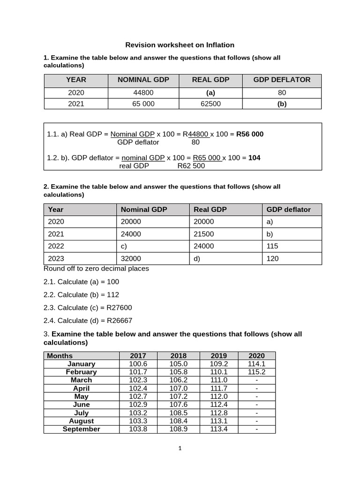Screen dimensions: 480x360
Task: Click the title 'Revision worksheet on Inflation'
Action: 180,45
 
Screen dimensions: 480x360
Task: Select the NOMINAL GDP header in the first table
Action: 143,80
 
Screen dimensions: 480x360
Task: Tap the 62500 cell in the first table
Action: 210,104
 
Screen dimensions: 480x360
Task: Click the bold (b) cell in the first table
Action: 282,104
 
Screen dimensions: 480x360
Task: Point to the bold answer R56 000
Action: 250,134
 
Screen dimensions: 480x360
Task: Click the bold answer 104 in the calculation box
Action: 254,157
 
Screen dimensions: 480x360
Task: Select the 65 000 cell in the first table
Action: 143,104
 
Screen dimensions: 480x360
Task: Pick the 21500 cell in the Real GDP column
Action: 203,234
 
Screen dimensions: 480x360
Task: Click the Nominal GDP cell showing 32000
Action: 131,258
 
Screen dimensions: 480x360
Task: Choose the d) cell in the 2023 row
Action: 197,258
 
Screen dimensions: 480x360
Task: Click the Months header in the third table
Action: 60,356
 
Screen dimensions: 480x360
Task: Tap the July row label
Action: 81,413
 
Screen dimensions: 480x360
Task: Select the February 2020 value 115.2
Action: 256,372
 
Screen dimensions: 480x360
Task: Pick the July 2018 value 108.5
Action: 178,413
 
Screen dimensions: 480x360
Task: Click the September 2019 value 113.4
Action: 218,429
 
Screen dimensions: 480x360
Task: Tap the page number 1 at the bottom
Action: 180,448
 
